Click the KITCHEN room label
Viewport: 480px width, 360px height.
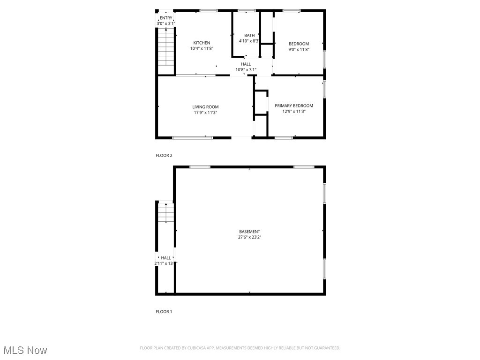tap(202, 43)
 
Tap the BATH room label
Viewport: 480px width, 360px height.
tap(249, 35)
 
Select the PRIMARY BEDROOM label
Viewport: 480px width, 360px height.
tap(294, 105)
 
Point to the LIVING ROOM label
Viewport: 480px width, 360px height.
tap(205, 107)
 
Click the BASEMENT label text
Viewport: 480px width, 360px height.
tap(249, 232)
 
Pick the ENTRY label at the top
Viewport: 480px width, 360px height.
tap(166, 18)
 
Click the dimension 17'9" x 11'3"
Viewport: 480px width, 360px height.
tap(205, 112)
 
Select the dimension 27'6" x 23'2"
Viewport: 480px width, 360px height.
tap(249, 237)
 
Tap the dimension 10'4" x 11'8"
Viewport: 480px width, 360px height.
tap(202, 48)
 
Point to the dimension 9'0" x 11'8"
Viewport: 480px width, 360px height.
tap(299, 49)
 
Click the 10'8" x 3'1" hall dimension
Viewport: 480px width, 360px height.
tap(246, 70)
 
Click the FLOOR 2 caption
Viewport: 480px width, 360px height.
tap(164, 155)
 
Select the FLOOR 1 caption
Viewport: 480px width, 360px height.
tap(164, 311)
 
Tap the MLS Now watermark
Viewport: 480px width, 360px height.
tap(25, 350)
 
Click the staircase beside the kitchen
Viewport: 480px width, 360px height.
tap(166, 47)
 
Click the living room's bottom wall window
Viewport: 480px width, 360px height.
tap(193, 138)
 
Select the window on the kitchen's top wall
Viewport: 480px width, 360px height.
tap(209, 10)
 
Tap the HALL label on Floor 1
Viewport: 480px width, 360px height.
tap(166, 258)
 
